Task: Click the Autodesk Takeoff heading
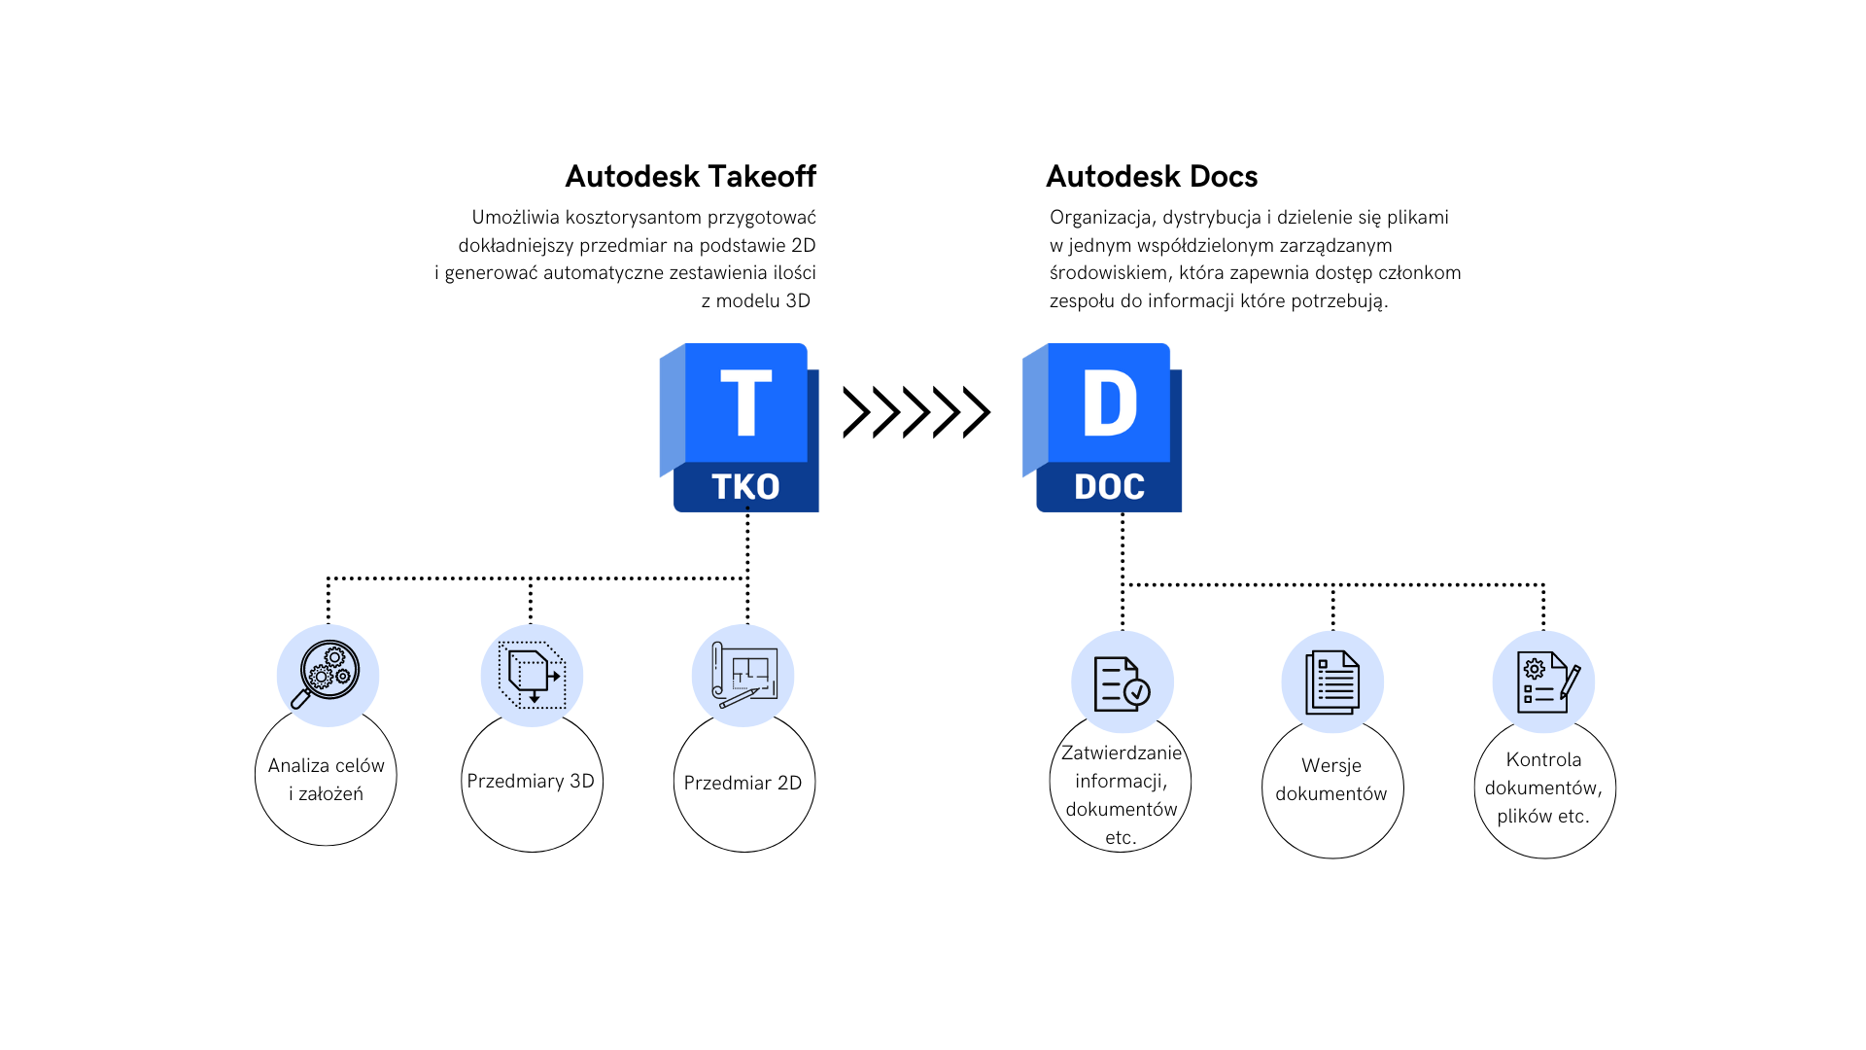(x=690, y=176)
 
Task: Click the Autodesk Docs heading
(x=1152, y=176)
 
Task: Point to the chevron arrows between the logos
(x=916, y=412)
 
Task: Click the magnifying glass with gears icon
(x=328, y=675)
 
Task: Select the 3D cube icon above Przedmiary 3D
(x=532, y=675)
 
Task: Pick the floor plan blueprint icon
(x=743, y=675)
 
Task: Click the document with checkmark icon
(x=1122, y=682)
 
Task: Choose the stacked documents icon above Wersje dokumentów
(x=1332, y=682)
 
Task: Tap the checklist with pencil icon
(x=1544, y=682)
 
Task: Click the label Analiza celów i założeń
(x=327, y=780)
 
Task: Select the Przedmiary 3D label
(x=531, y=781)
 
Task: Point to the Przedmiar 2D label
(x=743, y=783)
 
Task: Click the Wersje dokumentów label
(x=1331, y=780)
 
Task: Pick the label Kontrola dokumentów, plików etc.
(x=1543, y=787)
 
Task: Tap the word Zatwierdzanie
(x=1122, y=752)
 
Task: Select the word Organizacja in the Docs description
(x=1101, y=217)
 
